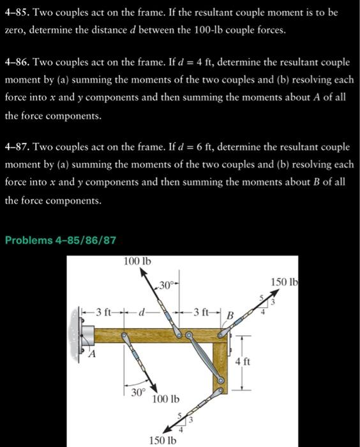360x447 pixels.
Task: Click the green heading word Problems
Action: (29, 240)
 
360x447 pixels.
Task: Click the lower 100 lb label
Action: (165, 400)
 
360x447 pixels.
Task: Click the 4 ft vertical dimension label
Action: (242, 361)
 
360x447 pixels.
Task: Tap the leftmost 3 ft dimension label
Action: (103, 312)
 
